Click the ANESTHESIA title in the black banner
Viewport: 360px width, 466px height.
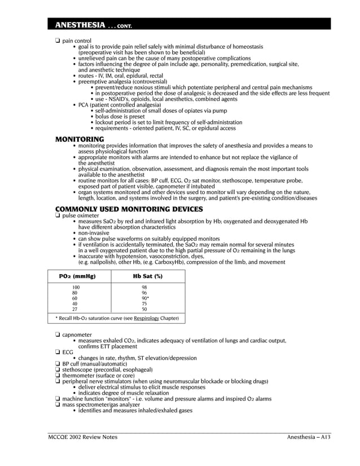(76, 25)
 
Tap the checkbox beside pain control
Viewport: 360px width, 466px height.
(58, 41)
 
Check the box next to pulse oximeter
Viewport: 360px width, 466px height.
(58, 216)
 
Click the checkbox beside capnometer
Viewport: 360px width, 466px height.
(58, 335)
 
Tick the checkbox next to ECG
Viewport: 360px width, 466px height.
(58, 352)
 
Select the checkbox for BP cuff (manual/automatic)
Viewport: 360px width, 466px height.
(58, 364)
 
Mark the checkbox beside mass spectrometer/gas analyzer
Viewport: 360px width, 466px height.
(58, 405)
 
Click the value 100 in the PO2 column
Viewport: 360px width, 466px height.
(75, 288)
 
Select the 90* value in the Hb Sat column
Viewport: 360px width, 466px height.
(145, 298)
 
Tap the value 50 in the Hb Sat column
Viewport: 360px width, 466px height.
(144, 309)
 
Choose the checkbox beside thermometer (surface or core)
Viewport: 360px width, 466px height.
(58, 375)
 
